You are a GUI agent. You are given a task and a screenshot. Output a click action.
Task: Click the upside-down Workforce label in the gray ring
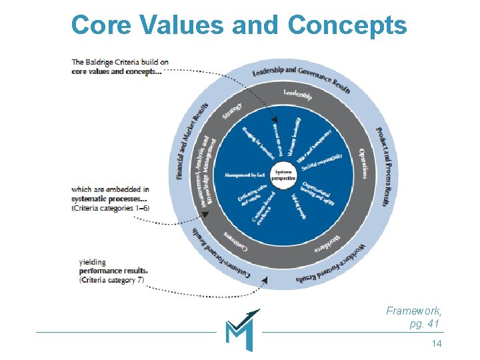tap(328, 241)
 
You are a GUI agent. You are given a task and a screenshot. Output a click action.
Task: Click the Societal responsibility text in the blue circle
tap(328, 159)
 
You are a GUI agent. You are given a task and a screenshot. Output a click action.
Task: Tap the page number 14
tap(437, 343)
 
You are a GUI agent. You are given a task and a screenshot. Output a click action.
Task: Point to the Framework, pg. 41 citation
tap(414, 317)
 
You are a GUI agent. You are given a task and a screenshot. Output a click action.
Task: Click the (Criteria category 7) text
tap(111, 280)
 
